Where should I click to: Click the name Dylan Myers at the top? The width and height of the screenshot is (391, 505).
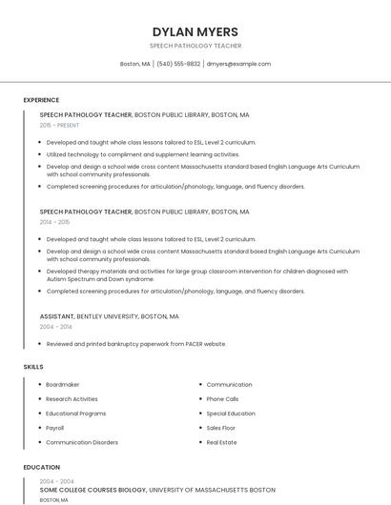(195, 31)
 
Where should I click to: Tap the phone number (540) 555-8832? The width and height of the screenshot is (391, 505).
(178, 64)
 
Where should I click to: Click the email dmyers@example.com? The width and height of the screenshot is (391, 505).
(238, 64)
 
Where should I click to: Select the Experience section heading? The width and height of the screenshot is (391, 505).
(41, 100)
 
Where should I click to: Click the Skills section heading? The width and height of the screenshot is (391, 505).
(33, 367)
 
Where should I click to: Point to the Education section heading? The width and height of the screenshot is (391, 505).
(42, 468)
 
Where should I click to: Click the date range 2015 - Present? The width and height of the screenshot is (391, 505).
(59, 125)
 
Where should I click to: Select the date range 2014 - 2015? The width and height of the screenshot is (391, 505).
(54, 222)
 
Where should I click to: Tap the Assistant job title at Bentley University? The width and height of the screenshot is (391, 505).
(56, 315)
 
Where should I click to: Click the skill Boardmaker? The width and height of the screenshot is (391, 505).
(63, 385)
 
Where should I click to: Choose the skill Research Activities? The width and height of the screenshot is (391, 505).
(72, 399)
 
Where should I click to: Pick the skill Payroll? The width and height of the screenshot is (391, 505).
(55, 428)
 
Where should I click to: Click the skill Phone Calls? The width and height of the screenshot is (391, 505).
(222, 399)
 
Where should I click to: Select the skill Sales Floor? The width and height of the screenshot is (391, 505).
(221, 428)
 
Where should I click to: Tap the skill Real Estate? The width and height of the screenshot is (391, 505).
(221, 442)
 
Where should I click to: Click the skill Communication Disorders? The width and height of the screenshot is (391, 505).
(82, 442)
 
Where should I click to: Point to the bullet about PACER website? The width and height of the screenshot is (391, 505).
(136, 344)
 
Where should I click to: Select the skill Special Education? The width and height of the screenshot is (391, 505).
(231, 414)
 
